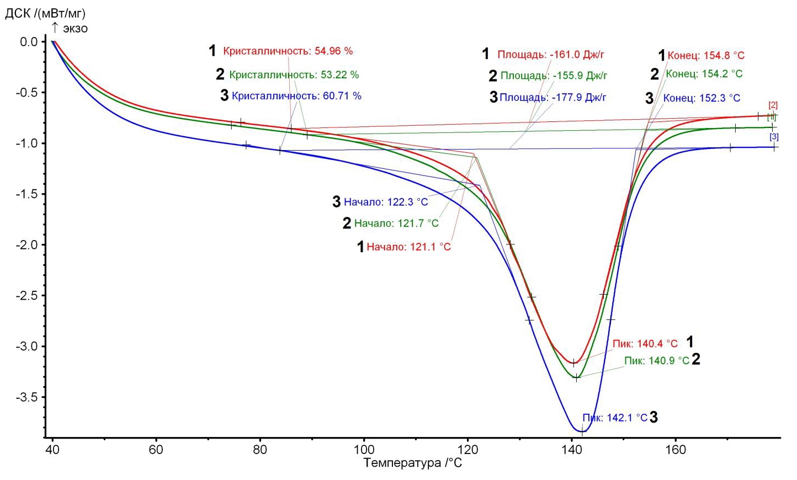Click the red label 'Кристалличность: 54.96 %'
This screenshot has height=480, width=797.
[288, 51]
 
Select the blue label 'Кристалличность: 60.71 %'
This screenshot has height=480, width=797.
[296, 96]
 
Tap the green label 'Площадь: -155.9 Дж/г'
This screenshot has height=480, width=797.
[554, 76]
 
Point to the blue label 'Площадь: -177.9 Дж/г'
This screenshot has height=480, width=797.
[552, 98]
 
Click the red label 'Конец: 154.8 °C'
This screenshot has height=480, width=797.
[706, 56]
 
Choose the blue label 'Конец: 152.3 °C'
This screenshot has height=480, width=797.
[702, 98]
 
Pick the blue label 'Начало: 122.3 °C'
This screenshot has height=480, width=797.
[386, 202]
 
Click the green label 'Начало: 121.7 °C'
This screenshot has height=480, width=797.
[396, 223]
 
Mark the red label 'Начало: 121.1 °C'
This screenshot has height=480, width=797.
[408, 247]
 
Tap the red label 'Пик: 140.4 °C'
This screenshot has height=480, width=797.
[645, 344]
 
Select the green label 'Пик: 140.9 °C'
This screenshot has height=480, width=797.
[657, 361]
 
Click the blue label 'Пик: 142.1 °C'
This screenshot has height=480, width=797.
[615, 418]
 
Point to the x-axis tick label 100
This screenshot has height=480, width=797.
[364, 450]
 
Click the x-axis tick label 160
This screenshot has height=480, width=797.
[676, 450]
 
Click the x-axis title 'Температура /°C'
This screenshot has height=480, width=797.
[412, 463]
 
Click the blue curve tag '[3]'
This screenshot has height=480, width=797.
[774, 137]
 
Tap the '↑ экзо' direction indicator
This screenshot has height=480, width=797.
[70, 28]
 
